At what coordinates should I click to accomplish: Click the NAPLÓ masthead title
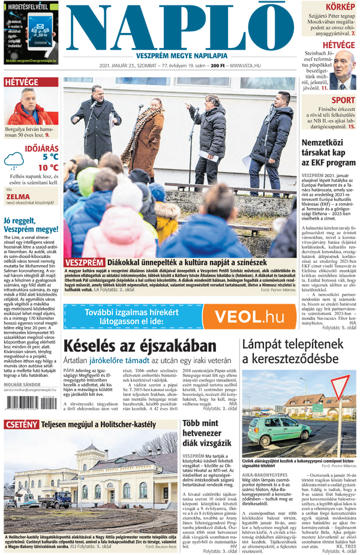180,27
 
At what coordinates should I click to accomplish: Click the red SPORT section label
343,100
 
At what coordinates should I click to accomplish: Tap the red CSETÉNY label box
22,425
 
